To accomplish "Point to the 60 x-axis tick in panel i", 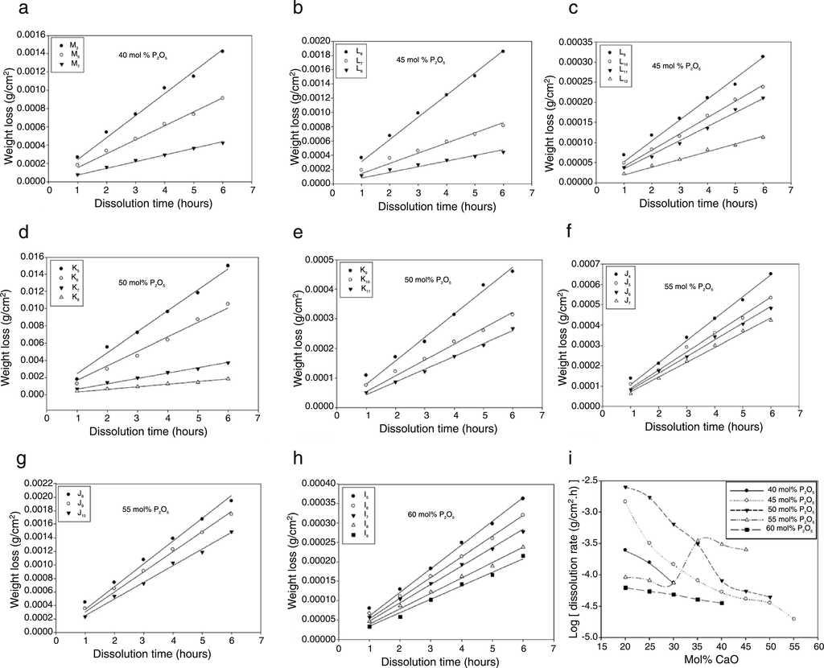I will tap(818, 648).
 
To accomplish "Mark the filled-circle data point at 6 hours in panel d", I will tap(228, 266).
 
